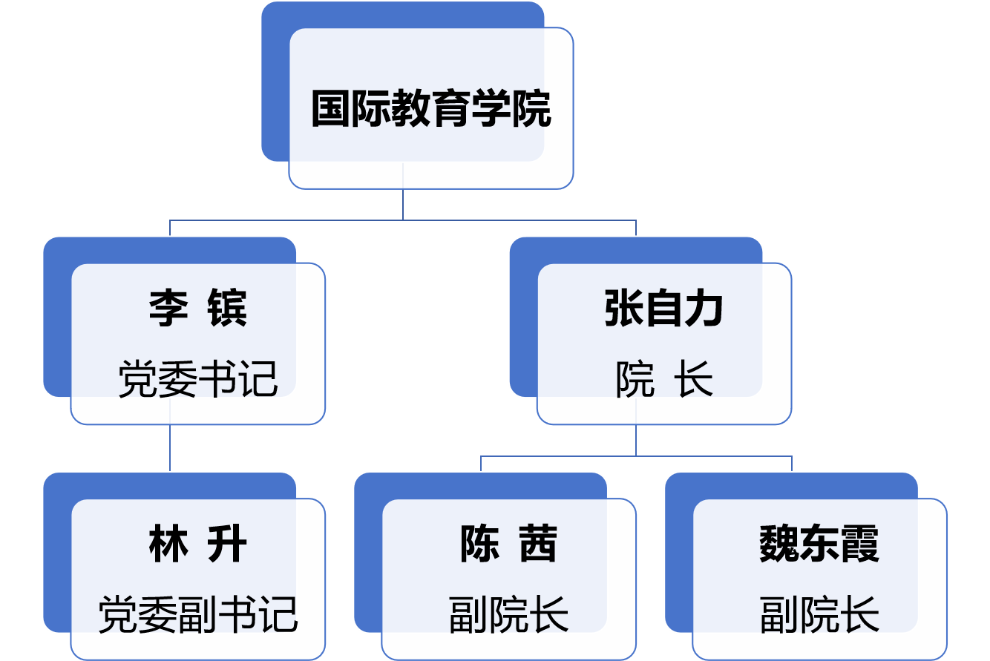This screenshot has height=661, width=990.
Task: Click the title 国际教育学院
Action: [x=430, y=109]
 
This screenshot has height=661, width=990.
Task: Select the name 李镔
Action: [x=197, y=309]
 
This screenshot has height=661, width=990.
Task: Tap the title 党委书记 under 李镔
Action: [x=197, y=379]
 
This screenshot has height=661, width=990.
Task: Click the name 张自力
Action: [x=663, y=309]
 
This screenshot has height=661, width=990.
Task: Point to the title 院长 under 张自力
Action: [x=663, y=379]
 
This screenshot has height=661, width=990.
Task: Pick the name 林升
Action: [x=197, y=544]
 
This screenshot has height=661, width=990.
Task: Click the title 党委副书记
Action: [x=197, y=614]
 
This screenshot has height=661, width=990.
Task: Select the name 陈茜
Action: [x=508, y=544]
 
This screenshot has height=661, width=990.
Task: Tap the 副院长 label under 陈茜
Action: [x=508, y=614]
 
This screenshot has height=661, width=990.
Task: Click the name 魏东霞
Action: [x=819, y=544]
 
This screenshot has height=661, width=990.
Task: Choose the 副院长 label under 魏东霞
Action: [x=819, y=614]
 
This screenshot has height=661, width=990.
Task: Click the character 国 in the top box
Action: [x=330, y=109]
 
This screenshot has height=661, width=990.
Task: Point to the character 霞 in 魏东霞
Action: [x=859, y=544]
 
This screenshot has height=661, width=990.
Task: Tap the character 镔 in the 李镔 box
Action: [x=227, y=309]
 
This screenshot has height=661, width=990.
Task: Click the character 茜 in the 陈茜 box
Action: [x=538, y=544]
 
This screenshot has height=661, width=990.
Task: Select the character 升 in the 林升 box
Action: [x=227, y=544]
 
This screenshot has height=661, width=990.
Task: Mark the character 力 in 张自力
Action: [x=704, y=309]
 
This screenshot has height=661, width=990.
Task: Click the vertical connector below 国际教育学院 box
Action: [x=403, y=204]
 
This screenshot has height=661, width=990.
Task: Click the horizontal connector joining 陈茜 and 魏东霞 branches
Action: [x=636, y=456]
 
